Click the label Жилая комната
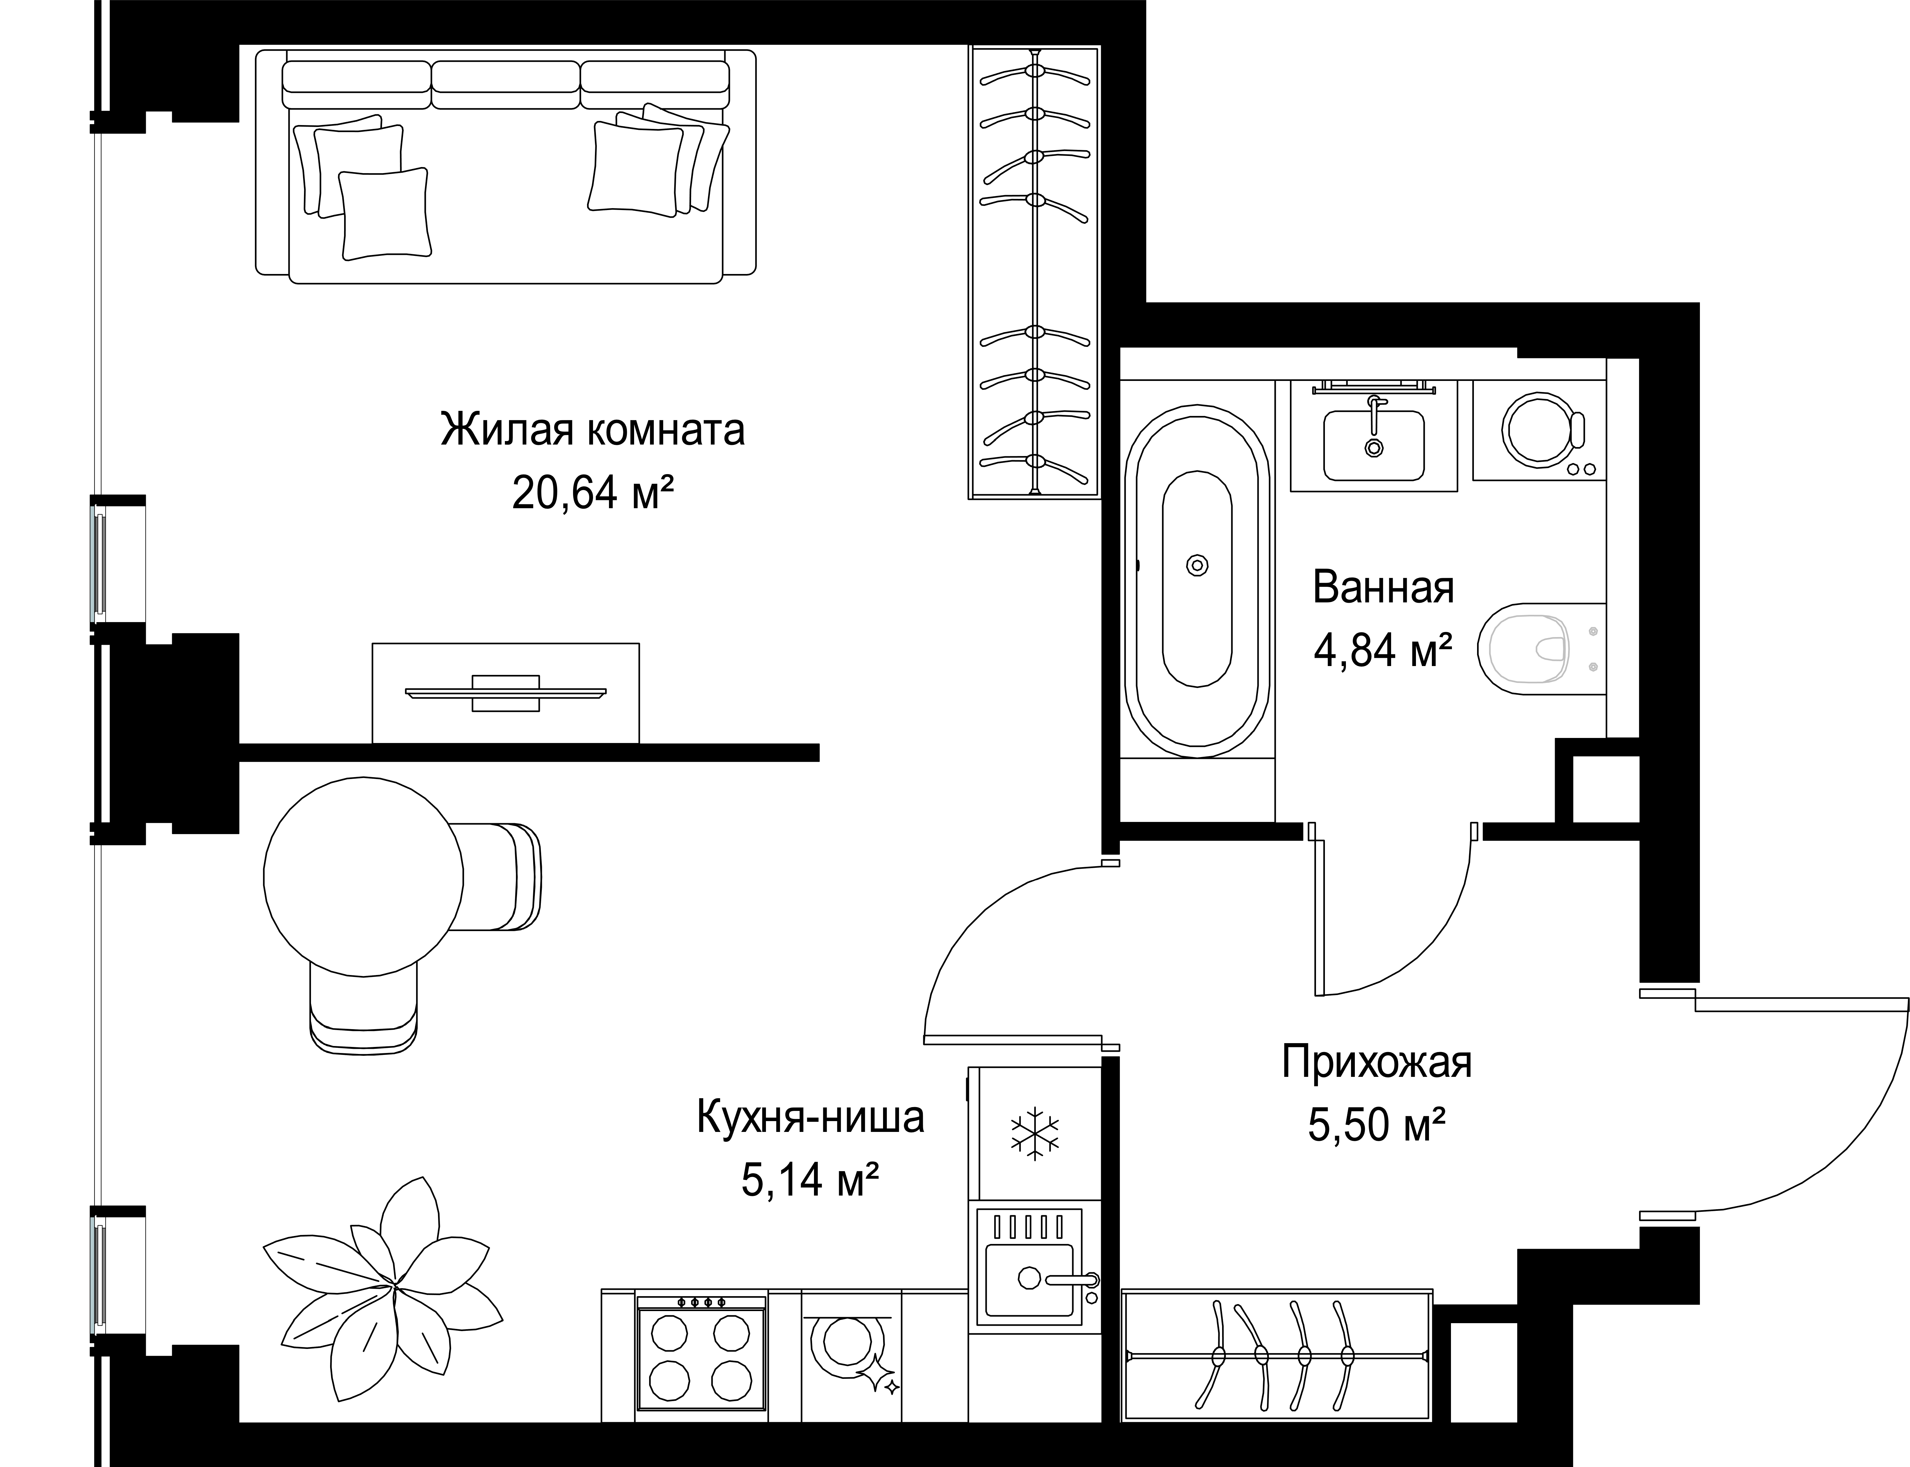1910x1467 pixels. (x=593, y=431)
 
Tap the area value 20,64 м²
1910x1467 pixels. (x=593, y=494)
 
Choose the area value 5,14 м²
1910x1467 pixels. (x=810, y=1181)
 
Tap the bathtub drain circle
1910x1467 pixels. (x=1197, y=566)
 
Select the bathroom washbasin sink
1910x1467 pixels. (x=1374, y=445)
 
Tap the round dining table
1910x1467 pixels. (x=363, y=877)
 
